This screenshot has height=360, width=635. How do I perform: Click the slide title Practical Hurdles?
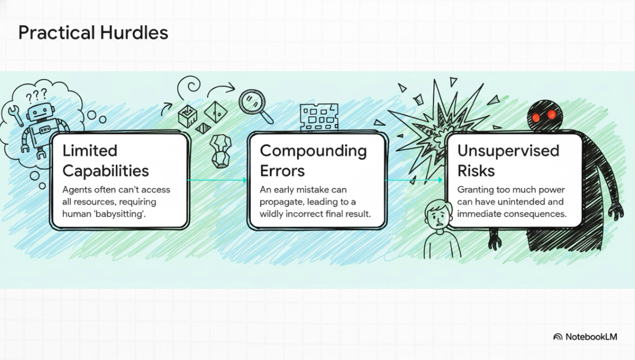coord(93,33)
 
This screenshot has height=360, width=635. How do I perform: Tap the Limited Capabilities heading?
coord(105,161)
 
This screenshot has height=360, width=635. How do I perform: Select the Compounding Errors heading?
coord(313,161)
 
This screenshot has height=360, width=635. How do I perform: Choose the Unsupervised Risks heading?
coord(508,161)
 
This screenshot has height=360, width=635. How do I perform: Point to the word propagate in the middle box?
coord(281,202)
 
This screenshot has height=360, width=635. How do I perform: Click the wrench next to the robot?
coord(14,114)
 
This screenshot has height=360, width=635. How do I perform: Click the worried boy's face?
coord(435,216)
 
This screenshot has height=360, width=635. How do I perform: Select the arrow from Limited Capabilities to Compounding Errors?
coord(218,181)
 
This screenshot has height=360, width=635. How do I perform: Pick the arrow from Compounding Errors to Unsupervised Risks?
coord(415,181)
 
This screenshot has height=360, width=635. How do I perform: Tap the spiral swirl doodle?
coord(190,86)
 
